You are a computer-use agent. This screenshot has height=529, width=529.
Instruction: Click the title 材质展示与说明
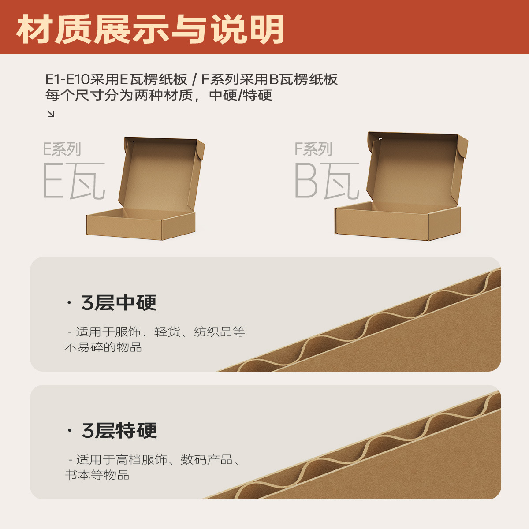coord(150,29)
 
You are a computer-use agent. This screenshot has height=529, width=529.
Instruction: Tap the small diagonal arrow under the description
coord(51,114)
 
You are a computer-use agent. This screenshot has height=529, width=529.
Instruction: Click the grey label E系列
coord(62,149)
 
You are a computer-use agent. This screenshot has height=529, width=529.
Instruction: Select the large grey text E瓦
coord(74,181)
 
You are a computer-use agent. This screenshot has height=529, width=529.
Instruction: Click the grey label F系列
coord(313,149)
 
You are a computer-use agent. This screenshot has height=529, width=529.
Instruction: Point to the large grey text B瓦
coord(327,181)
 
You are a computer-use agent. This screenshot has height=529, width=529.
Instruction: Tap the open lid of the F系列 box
coord(414,168)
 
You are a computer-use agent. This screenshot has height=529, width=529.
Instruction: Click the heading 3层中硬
coord(119,303)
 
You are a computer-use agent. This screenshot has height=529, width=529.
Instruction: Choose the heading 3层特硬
coord(119,431)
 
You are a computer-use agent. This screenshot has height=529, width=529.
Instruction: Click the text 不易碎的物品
coord(103,347)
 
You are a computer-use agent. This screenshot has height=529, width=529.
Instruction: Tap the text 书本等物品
coord(97,475)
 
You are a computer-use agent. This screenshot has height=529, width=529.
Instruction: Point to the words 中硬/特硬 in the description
coord(241,95)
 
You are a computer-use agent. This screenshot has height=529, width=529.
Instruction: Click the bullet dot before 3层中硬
coord(69,303)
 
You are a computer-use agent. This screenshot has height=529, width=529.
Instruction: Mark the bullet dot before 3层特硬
coord(69,430)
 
